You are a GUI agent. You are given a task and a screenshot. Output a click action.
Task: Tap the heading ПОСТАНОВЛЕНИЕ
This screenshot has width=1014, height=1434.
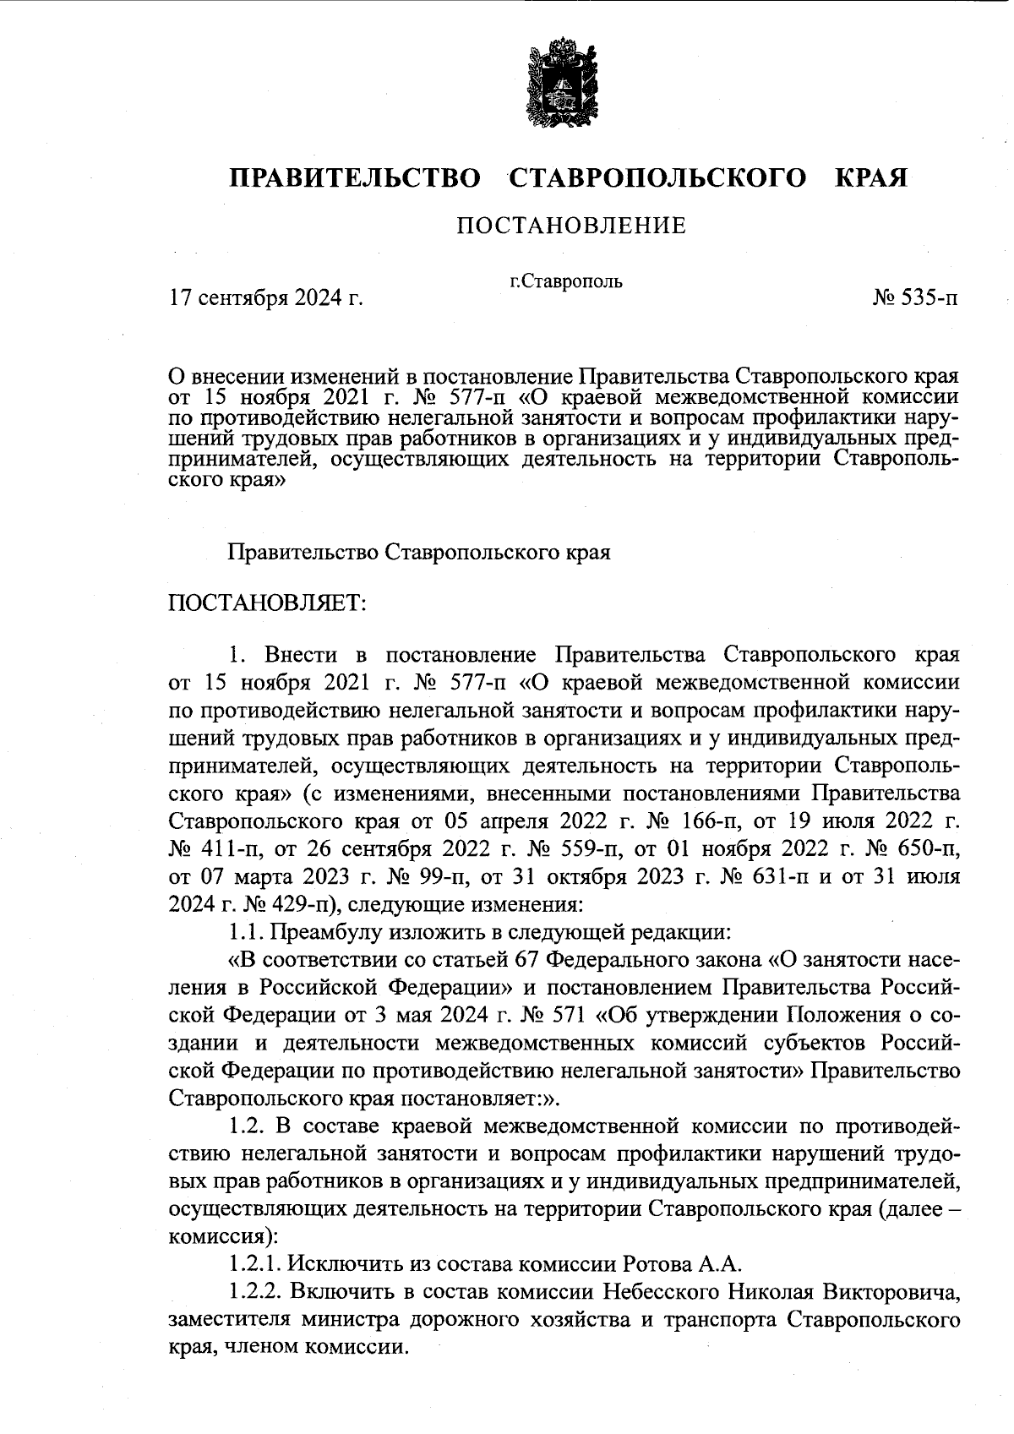[x=571, y=226]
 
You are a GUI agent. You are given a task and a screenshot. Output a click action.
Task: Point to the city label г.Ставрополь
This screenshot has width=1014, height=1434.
[x=566, y=281]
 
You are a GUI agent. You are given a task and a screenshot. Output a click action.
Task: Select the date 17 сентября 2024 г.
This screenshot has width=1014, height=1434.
[x=266, y=297]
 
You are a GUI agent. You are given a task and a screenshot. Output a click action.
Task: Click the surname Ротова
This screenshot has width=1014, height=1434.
[x=657, y=1264]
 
